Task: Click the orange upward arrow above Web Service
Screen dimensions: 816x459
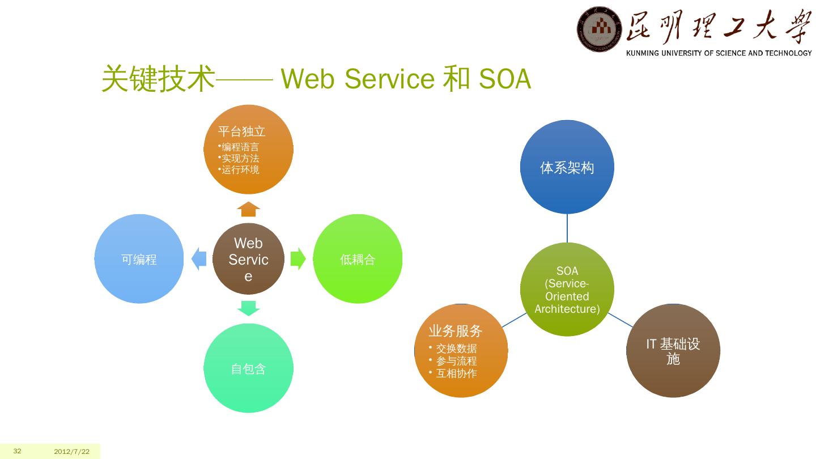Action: [x=248, y=209]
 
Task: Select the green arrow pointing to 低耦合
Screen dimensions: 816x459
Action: [x=298, y=259]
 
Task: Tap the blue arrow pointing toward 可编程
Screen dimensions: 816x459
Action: [x=199, y=259]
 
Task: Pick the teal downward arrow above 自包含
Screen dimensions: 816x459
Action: [x=248, y=308]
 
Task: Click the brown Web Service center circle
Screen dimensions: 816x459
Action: [x=248, y=259]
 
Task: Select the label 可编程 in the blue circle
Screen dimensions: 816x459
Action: [x=139, y=260]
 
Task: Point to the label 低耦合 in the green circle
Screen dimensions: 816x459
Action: [x=358, y=260]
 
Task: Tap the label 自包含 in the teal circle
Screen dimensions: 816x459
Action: [x=248, y=369]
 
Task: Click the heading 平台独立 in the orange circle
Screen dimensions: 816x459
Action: [x=242, y=131]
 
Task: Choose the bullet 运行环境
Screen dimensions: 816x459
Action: [x=240, y=169]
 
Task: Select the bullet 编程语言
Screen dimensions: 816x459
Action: [x=240, y=147]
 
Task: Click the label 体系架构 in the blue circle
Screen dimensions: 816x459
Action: [x=567, y=168]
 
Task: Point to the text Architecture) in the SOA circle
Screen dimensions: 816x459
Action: [x=567, y=309]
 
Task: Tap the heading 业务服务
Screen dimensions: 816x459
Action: [x=455, y=331]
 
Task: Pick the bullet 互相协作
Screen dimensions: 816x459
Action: [x=456, y=373]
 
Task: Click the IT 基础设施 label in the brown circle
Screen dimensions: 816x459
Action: [x=673, y=351]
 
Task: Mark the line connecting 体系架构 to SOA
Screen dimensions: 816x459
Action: [x=567, y=228]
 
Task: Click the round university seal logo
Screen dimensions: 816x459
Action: [x=598, y=29]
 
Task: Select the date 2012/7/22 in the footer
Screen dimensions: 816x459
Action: [x=72, y=452]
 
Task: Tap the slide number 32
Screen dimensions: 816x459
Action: [x=18, y=451]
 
